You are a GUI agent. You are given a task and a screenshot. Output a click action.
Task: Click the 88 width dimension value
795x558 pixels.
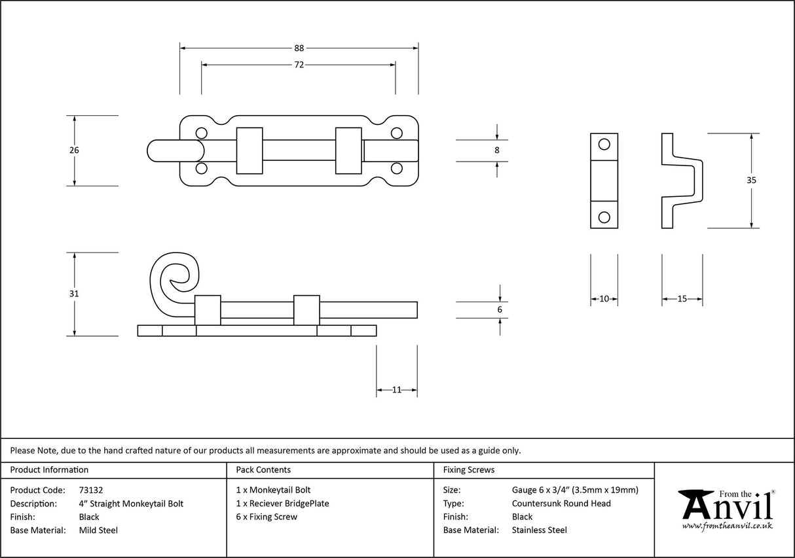click(x=299, y=48)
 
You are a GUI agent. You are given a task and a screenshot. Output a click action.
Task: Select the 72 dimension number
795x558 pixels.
click(x=299, y=65)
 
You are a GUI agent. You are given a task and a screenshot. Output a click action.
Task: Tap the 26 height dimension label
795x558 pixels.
click(x=74, y=150)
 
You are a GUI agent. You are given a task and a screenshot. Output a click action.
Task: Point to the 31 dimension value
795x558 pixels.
click(x=74, y=294)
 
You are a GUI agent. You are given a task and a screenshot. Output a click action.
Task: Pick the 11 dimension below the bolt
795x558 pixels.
click(x=397, y=390)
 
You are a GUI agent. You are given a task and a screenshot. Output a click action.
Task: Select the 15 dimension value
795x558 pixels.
click(x=682, y=299)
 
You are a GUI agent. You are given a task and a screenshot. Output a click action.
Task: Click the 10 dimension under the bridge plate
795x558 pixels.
click(x=604, y=299)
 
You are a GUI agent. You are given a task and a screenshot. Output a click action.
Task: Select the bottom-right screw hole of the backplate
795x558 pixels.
click(x=396, y=169)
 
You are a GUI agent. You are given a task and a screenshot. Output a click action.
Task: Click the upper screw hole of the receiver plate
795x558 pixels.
click(x=604, y=143)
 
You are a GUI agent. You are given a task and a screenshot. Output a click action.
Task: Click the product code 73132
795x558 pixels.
click(x=90, y=489)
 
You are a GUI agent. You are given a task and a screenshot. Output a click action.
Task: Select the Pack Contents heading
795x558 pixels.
click(x=263, y=470)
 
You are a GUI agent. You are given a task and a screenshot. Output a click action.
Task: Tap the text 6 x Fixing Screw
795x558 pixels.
click(x=267, y=517)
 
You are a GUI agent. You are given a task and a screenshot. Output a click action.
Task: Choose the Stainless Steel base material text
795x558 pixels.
click(x=539, y=530)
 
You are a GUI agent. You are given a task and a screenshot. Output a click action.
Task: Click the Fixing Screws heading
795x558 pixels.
click(x=468, y=470)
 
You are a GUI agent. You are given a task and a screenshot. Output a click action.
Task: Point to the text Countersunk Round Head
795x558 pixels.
click(x=561, y=503)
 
